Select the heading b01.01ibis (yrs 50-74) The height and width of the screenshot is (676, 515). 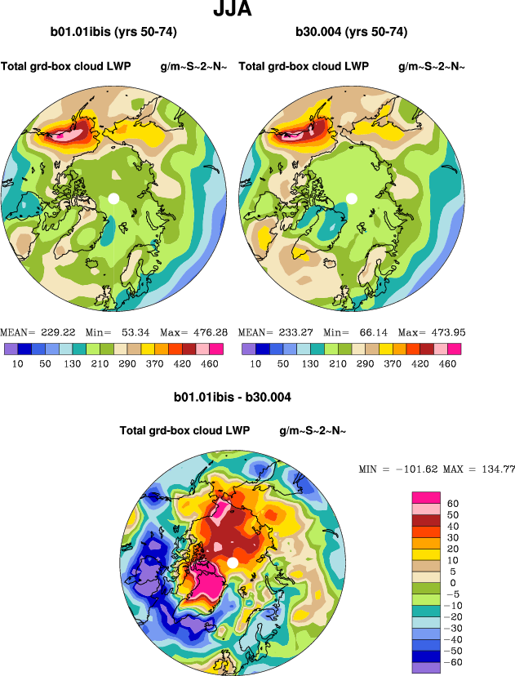click(x=113, y=33)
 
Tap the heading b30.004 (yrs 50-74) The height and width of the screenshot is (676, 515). click(x=352, y=33)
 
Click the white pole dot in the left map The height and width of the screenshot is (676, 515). click(x=113, y=198)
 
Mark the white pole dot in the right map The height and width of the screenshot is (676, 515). click(x=352, y=198)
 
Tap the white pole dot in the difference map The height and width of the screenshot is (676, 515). click(x=233, y=563)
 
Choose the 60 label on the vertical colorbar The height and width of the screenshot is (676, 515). click(x=454, y=504)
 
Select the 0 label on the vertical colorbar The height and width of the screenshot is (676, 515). click(x=454, y=582)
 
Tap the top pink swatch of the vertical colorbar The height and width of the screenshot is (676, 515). click(x=428, y=497)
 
